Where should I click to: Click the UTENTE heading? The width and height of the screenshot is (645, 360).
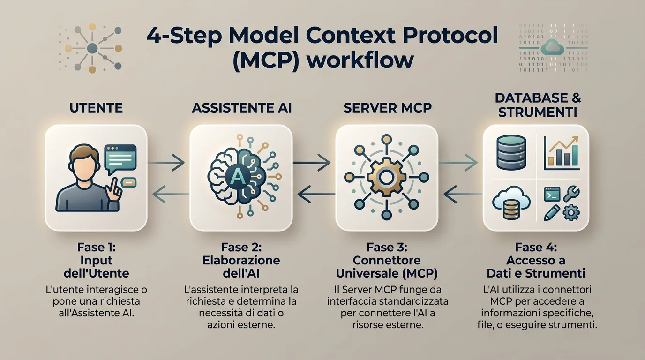(x=96, y=108)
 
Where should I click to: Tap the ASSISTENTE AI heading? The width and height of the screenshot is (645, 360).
(x=241, y=108)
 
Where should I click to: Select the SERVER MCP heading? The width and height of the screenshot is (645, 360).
(x=388, y=108)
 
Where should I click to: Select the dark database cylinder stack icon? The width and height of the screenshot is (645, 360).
(x=511, y=152)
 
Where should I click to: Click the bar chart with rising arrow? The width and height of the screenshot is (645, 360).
(x=561, y=153)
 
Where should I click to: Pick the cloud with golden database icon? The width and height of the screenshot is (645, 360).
(x=511, y=202)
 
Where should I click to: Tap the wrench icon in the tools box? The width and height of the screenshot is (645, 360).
(x=571, y=194)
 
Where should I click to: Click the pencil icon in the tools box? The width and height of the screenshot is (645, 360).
(x=552, y=213)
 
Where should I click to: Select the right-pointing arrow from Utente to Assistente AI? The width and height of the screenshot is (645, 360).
(x=166, y=163)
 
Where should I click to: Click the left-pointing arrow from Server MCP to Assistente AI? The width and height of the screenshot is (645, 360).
(x=316, y=194)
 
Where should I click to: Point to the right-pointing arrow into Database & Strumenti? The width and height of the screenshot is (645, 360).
(x=458, y=163)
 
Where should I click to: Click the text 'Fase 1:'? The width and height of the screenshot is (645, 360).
(x=97, y=247)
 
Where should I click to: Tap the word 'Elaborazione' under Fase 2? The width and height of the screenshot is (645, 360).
(x=241, y=260)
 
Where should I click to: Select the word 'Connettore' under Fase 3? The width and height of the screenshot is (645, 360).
(x=387, y=260)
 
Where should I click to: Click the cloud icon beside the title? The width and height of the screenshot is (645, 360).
(x=552, y=47)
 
